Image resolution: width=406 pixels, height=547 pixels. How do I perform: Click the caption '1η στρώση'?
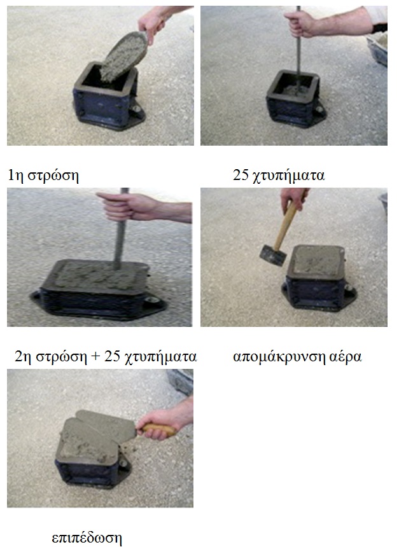[x=43, y=175]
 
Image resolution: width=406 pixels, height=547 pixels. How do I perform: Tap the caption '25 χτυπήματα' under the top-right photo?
[x=279, y=175]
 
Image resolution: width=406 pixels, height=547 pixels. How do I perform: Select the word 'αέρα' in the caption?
[x=346, y=357]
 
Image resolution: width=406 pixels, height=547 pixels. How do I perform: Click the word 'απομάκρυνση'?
[x=279, y=357]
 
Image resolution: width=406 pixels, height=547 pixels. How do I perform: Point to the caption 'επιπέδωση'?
[x=87, y=537]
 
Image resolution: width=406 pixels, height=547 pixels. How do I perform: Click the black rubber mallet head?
[x=272, y=255]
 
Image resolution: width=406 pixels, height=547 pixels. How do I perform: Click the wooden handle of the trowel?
[x=160, y=429]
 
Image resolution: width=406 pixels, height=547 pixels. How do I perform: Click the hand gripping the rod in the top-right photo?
[x=300, y=24]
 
